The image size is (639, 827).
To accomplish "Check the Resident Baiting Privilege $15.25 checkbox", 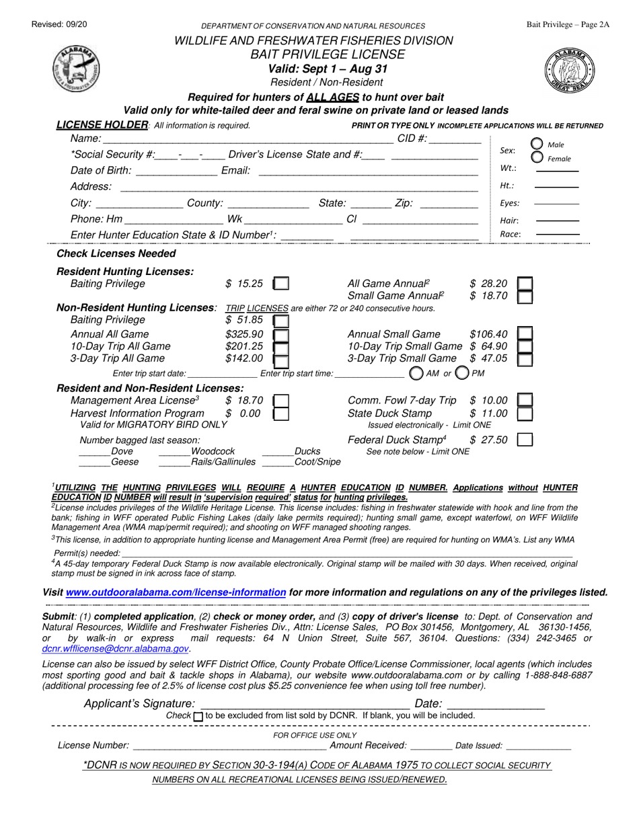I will click(x=283, y=284).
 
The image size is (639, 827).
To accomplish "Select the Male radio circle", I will click(x=537, y=144).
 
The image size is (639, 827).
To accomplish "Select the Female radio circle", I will click(x=537, y=157).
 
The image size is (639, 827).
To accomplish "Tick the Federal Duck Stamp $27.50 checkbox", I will click(x=526, y=440).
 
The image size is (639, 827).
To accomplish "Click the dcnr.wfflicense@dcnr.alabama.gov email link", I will click(x=115, y=649).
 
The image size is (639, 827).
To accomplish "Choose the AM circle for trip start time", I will click(x=416, y=372).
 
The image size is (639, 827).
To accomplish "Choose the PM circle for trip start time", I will click(x=462, y=372).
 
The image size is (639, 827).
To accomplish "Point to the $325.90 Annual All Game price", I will click(x=239, y=334).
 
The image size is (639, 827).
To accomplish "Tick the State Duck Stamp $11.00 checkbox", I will click(x=526, y=413).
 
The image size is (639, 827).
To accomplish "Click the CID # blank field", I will click(x=455, y=139).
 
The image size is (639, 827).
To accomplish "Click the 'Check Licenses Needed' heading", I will click(x=116, y=253).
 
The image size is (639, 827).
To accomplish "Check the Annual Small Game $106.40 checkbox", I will click(x=526, y=334).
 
